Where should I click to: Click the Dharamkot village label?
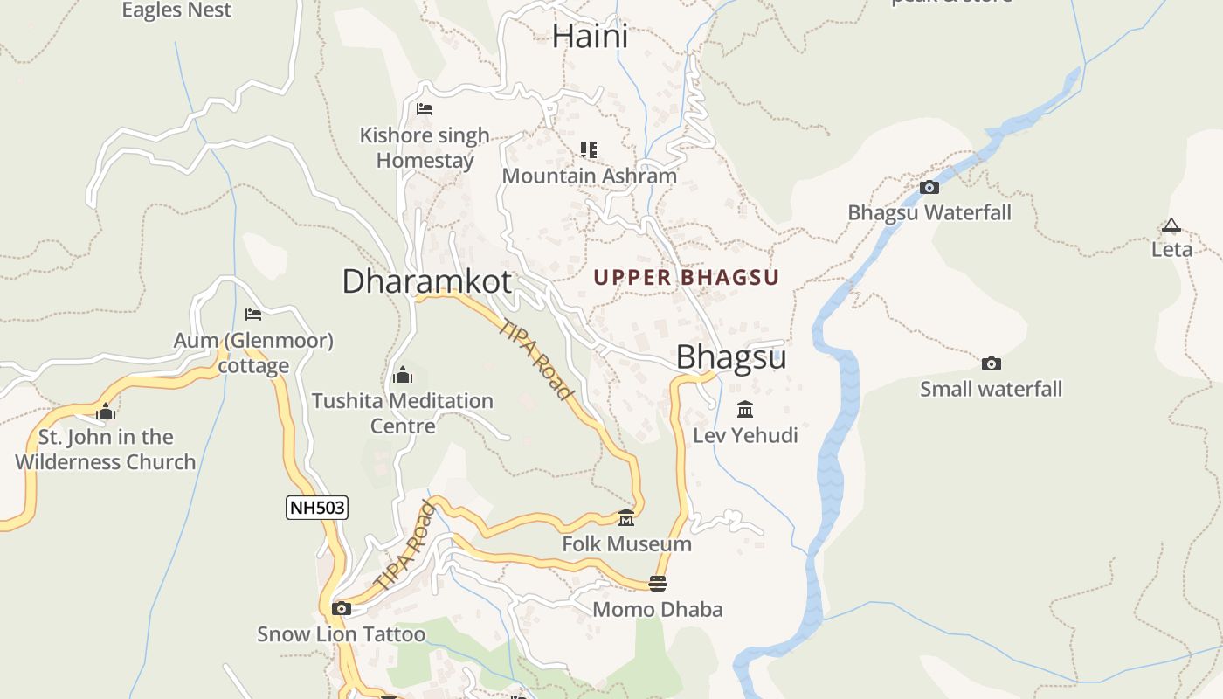(426, 281)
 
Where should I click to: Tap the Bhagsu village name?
(731, 356)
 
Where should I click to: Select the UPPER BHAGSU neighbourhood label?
(686, 278)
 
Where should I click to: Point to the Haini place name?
(590, 37)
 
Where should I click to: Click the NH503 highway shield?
(317, 507)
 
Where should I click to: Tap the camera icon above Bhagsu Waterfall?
(929, 187)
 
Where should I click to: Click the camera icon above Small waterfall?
(991, 363)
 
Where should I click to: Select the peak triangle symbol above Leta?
(1171, 225)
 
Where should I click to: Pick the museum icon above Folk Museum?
(626, 519)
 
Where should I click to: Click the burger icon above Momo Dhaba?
(658, 584)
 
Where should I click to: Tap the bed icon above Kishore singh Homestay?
(425, 109)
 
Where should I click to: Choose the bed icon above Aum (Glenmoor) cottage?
(253, 315)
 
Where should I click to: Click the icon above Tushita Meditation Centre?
(403, 376)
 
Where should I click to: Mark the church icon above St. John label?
(106, 412)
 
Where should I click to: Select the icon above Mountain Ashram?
(589, 150)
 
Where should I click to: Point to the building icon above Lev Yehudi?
(745, 409)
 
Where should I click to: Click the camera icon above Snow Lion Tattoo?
(342, 609)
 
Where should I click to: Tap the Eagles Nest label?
(176, 10)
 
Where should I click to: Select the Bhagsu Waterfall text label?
(929, 212)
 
